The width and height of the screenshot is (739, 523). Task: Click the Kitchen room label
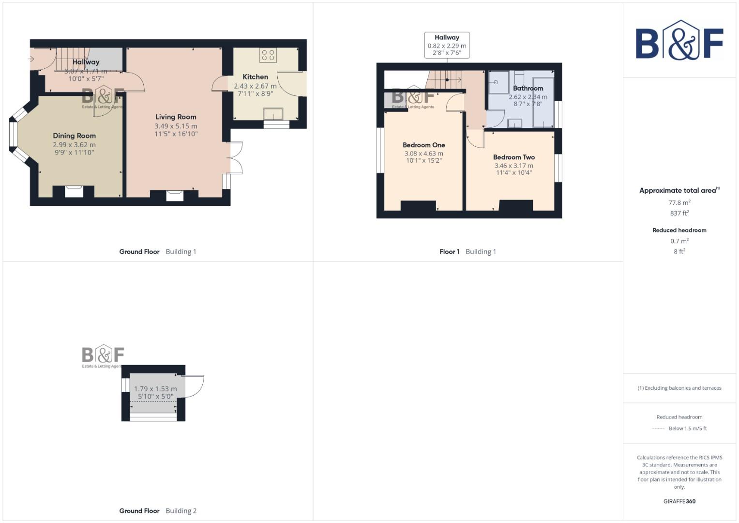tap(255, 77)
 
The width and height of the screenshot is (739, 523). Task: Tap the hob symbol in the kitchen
tap(268, 55)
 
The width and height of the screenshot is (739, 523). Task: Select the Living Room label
tap(176, 117)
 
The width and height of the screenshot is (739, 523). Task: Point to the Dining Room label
tap(74, 136)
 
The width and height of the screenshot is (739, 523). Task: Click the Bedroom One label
tap(423, 145)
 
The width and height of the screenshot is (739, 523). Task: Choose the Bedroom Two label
tap(513, 157)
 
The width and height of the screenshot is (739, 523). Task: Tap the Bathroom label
tap(528, 88)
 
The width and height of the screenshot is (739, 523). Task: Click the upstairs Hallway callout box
tap(447, 45)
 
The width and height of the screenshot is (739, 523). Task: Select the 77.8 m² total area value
tap(679, 202)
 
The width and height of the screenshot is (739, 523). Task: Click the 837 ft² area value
tap(679, 213)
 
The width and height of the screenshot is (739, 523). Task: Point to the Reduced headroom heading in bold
tap(679, 230)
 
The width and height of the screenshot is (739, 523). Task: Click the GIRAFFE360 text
tap(679, 501)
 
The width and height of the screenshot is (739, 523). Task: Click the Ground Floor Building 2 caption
tap(158, 510)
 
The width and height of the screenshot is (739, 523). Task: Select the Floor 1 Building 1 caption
tap(468, 251)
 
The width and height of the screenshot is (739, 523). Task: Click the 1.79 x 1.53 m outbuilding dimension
tap(155, 388)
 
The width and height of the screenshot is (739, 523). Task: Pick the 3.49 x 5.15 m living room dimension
tap(176, 126)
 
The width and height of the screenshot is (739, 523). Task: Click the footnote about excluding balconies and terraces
tap(679, 388)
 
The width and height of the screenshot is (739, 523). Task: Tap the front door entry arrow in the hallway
tap(31, 59)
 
